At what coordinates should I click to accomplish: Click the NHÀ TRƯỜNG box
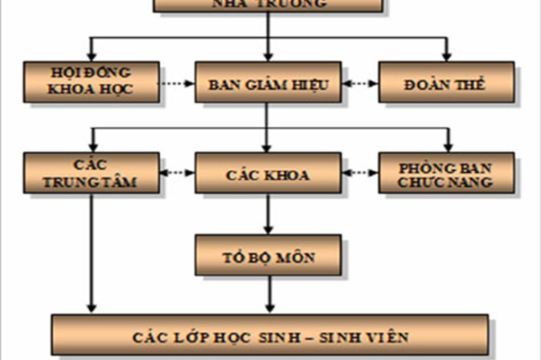coord(267,5)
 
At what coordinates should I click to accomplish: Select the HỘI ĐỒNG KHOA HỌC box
coord(91,81)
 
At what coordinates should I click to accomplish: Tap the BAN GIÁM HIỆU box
coord(267,84)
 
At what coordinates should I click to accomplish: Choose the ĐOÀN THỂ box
coord(446,84)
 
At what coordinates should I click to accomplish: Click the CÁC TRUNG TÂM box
coord(91,172)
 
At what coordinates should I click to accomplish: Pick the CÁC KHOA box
coord(267,173)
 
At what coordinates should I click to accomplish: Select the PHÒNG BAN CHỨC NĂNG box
coord(446,173)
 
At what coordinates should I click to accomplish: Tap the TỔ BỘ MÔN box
coord(267,256)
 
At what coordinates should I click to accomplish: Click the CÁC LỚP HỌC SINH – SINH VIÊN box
coord(269,337)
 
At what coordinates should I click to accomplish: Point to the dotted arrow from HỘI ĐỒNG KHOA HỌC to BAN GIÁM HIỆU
coord(177,84)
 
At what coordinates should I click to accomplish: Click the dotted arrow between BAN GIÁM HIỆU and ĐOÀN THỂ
coord(359,84)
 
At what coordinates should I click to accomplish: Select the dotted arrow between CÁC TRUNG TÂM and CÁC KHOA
coord(177,172)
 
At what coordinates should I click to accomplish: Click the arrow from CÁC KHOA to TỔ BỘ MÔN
coord(268,214)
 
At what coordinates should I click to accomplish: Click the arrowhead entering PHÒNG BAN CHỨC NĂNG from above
coord(448,146)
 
